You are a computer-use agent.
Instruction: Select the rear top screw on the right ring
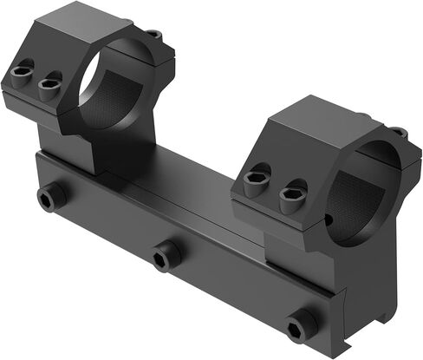point(396,133)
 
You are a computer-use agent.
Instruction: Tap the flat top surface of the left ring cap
point(78,22)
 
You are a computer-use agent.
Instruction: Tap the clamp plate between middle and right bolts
point(234,291)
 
